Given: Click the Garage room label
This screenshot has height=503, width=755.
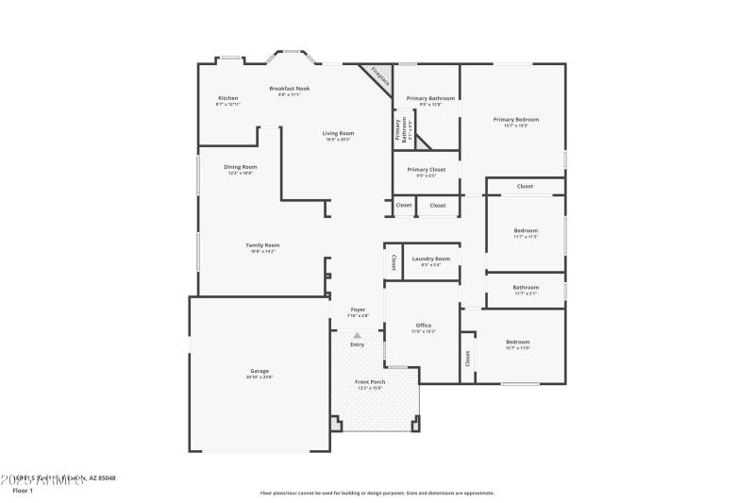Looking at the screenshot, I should point(260,373).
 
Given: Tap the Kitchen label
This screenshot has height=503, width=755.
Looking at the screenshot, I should point(228,98).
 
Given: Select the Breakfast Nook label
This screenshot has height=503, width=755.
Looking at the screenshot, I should point(289,89).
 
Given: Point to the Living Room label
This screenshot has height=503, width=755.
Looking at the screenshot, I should point(338,133).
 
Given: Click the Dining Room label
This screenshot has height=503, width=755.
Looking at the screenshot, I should point(241,167).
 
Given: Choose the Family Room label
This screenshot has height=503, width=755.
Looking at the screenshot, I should point(263,245).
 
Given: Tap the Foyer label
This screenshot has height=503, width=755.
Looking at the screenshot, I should point(358,310).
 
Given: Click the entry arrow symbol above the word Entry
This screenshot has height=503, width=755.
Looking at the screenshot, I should point(357,335).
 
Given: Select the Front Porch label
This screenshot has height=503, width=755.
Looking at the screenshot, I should point(370,382).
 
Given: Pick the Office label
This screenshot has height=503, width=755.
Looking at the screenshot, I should point(424,326).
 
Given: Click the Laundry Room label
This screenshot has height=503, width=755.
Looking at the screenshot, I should point(430,259).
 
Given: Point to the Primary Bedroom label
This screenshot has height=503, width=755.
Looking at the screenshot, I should point(516,120).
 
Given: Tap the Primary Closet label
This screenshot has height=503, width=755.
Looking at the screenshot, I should point(426,170).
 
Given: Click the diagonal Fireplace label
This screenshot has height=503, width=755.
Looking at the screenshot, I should point(380,76).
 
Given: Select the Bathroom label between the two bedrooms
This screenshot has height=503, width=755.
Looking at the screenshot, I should point(526,288).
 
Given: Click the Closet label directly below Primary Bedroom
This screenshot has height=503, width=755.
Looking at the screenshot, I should point(525,186).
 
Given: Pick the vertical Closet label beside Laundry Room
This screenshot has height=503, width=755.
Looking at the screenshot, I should point(394,262).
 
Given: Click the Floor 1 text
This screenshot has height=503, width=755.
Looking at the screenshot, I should point(23,491).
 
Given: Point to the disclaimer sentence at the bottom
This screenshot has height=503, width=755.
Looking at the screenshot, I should point(377,493).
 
